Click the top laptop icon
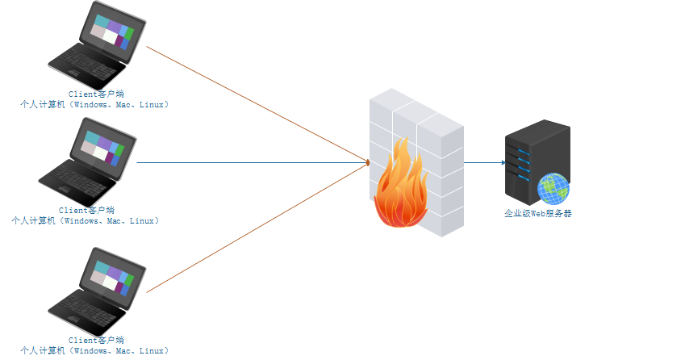tap(97, 46)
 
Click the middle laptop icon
tap(87, 161)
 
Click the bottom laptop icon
tap(97, 288)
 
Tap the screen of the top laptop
tap(112, 32)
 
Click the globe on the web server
tap(553, 188)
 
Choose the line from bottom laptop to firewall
tap(258, 227)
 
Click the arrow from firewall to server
tap(484, 162)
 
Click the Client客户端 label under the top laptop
tap(96, 94)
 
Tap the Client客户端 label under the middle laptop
tap(86, 210)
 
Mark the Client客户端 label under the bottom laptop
tap(96, 341)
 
